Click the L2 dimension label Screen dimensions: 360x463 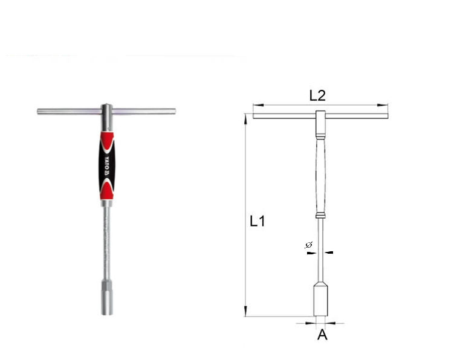coord(317,95)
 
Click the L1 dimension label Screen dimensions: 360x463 coord(257,221)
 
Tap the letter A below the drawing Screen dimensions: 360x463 coord(322,335)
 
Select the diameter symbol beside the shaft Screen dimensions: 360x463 coord(308,245)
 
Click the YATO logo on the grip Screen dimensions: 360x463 coord(105,164)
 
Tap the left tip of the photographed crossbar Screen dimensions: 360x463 coord(39,111)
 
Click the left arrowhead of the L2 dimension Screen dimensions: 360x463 coord(256,105)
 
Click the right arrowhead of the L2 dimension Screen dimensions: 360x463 coord(384,105)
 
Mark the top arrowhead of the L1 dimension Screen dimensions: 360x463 coord(245,117)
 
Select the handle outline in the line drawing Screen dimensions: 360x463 coord(320,175)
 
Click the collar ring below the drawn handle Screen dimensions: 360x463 coord(320,216)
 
